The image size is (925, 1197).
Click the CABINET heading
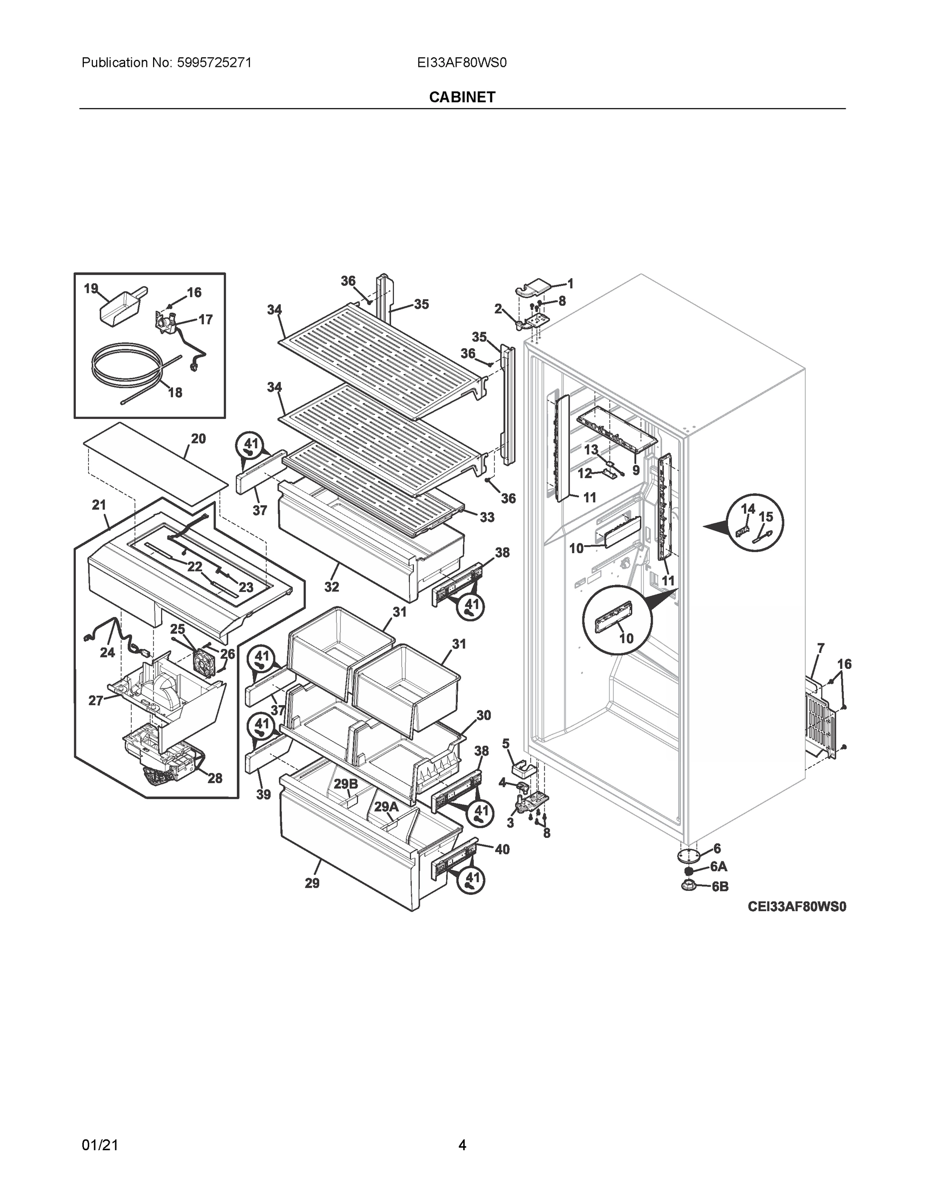tap(462, 97)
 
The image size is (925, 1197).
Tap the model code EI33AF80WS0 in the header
tap(461, 63)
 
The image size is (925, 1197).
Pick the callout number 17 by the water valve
tap(205, 320)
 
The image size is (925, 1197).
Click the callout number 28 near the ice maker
tap(214, 778)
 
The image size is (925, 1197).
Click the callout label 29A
tap(386, 807)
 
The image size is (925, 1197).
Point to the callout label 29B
tap(346, 784)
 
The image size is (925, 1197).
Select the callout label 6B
tap(720, 886)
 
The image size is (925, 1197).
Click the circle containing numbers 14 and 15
tap(755, 523)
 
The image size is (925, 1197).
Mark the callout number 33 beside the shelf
tap(487, 517)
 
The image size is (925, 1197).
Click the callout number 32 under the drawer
tap(332, 587)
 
